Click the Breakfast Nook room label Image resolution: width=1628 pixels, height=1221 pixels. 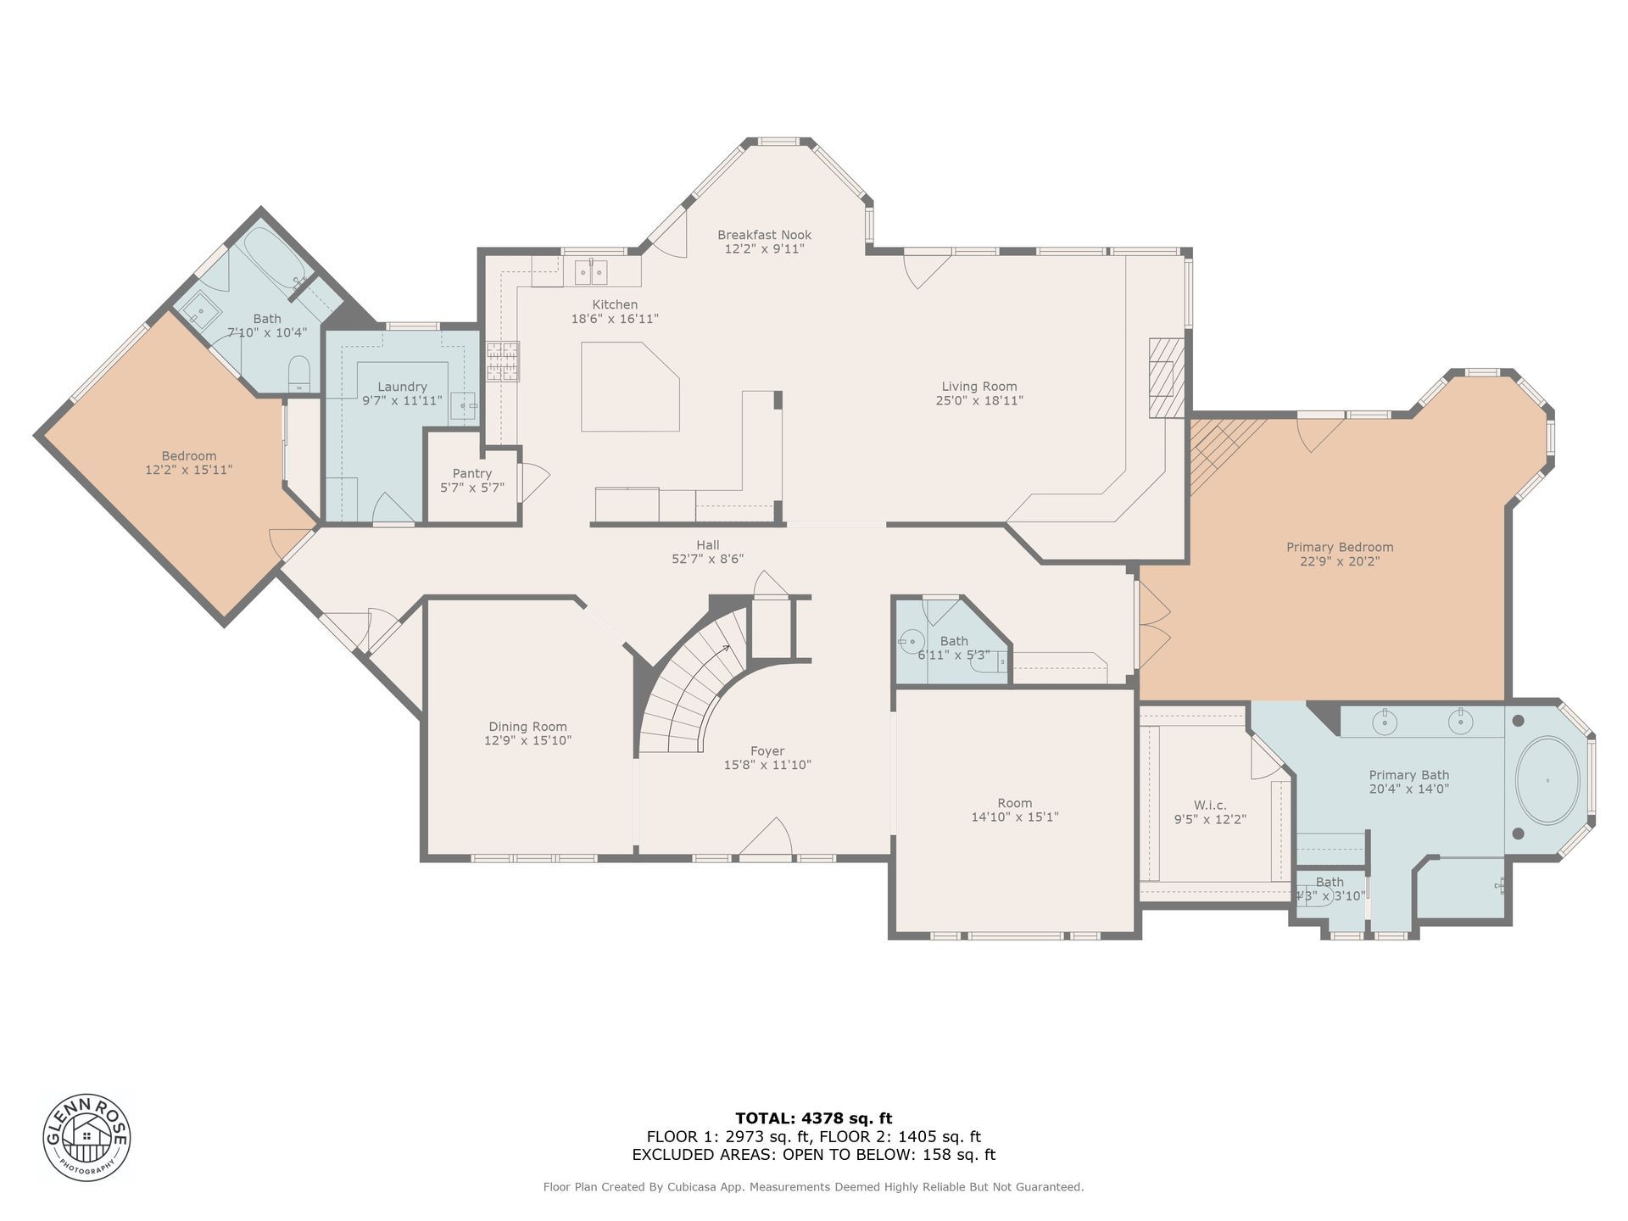click(764, 235)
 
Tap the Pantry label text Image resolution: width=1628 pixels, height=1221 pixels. click(472, 473)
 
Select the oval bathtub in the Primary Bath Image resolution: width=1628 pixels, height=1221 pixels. click(1547, 780)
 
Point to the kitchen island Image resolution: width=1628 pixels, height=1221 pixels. click(630, 387)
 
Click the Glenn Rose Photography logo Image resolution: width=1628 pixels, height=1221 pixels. click(87, 1136)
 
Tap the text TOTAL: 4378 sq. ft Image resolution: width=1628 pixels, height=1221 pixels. click(813, 1118)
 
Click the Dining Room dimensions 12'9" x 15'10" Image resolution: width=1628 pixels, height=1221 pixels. click(527, 740)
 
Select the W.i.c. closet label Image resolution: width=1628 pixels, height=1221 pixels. click(1210, 806)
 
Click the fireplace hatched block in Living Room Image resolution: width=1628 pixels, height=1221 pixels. click(1167, 377)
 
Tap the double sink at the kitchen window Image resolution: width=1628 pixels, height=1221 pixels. click(591, 271)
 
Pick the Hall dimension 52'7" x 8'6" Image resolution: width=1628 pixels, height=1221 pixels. click(708, 559)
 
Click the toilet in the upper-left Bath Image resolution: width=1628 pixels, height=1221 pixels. click(299, 374)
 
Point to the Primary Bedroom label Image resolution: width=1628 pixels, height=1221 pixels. click(1340, 547)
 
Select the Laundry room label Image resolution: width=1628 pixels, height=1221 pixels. click(402, 387)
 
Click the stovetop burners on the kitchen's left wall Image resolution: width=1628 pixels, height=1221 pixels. click(502, 362)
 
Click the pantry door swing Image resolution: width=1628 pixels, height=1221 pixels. click(534, 482)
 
